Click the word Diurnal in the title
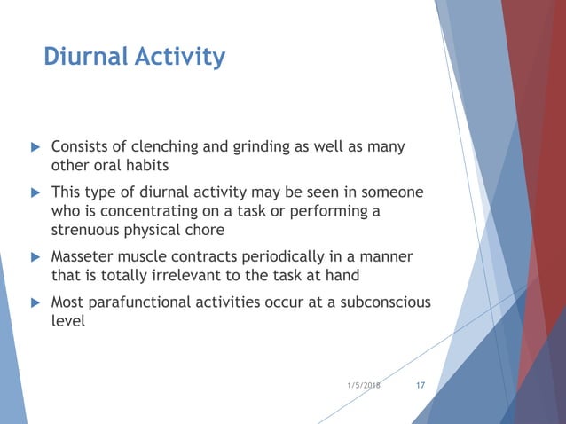click(83, 58)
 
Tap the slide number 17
click(421, 385)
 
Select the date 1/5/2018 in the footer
click(364, 386)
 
